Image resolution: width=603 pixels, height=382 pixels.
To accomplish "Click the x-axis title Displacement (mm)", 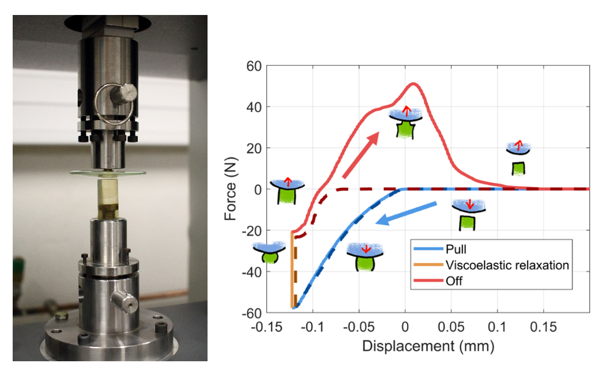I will [428, 346].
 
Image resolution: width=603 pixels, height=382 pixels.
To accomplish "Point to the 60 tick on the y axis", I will [254, 66].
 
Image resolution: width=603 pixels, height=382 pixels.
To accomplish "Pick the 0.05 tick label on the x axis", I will [451, 327].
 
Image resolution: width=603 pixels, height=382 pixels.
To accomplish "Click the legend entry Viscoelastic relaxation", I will [507, 265].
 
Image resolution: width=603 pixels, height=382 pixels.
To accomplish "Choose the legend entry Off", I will [453, 281].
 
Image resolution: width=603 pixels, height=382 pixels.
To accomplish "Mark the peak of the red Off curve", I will [413, 84].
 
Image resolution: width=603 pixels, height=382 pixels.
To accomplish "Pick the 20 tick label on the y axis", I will [254, 148].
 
